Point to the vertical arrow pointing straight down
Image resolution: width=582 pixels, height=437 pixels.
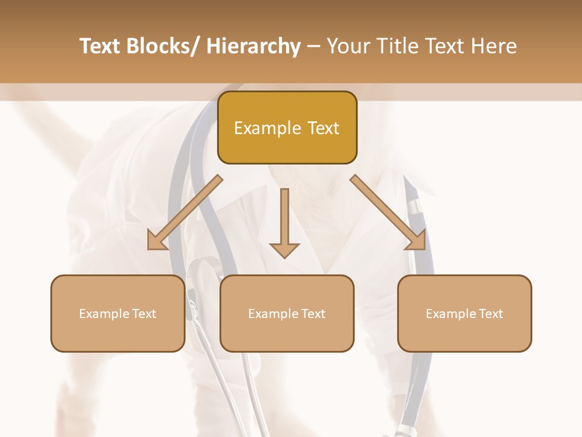(x=284, y=222)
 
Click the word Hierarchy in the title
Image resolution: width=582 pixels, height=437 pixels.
(x=253, y=46)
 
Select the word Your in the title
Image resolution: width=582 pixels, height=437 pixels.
(x=347, y=46)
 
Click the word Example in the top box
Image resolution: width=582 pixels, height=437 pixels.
(x=267, y=128)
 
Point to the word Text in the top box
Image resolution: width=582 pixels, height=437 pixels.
(x=322, y=128)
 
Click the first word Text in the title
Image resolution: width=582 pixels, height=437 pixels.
(x=101, y=46)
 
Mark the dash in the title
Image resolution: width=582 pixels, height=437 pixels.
(x=313, y=46)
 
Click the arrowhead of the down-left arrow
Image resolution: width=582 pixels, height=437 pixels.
(x=156, y=242)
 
